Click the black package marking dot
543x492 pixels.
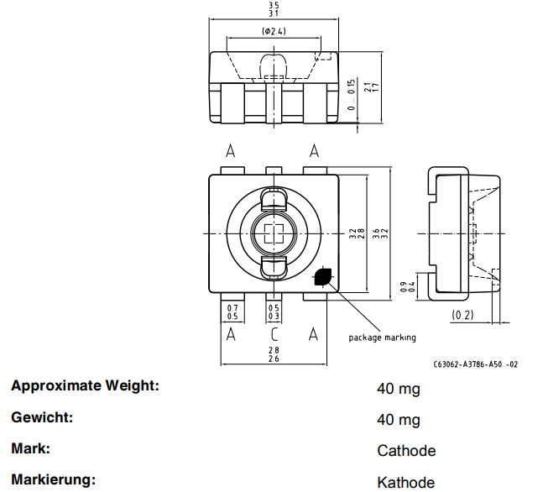[323, 278]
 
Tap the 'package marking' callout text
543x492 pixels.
[382, 338]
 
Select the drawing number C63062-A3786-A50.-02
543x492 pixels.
[476, 364]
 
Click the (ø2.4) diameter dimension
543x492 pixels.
[274, 32]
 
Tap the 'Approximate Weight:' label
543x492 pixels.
[85, 386]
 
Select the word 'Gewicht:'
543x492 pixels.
[43, 417]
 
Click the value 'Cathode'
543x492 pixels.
[406, 451]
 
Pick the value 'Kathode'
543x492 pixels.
[406, 482]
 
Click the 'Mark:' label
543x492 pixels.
[31, 448]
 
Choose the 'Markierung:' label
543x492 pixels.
[53, 480]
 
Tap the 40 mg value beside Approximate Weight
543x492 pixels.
[399, 390]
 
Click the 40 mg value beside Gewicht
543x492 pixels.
[399, 420]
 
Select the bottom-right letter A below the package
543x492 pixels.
[314, 334]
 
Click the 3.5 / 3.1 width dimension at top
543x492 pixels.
[274, 9]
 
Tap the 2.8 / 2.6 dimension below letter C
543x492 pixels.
[274, 353]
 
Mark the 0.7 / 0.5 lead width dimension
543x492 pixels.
[232, 311]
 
